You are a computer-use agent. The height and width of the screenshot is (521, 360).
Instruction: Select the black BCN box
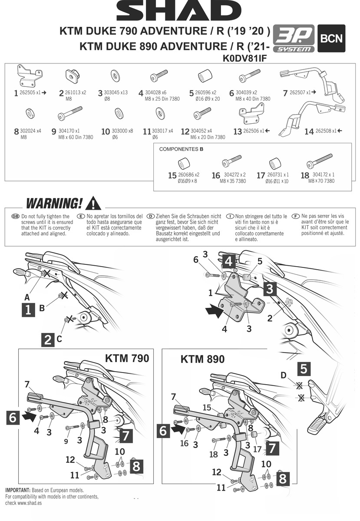(x=332, y=38)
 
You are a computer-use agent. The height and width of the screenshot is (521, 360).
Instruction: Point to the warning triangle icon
(x=93, y=203)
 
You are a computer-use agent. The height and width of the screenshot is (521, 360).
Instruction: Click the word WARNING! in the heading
(x=54, y=203)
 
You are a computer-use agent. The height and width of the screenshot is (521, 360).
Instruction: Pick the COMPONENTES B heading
(x=181, y=149)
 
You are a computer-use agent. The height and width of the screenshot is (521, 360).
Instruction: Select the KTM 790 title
(x=127, y=358)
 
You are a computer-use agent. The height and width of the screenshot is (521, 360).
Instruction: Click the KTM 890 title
(x=202, y=359)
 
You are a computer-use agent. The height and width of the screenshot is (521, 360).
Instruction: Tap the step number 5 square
(x=304, y=369)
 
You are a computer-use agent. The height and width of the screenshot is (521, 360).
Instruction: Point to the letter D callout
(x=283, y=375)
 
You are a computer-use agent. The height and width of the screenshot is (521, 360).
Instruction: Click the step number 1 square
(x=28, y=310)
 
